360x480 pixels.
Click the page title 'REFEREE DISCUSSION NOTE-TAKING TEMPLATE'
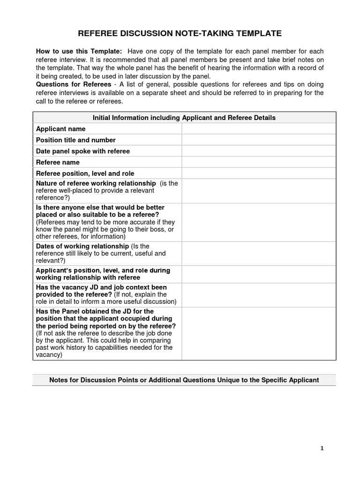pos(180,33)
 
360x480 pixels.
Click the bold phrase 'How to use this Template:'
pos(79,51)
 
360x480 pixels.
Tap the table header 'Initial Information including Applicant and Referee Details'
pos(184,118)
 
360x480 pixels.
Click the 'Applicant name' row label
pos(60,129)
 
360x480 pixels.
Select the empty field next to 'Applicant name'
pos(259,129)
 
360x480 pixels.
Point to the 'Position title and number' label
pos(75,140)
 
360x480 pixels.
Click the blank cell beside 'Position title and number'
pos(259,140)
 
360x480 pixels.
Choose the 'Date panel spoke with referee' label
pos(82,151)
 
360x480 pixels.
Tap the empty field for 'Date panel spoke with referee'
pos(259,151)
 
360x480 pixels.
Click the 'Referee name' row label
pos(58,163)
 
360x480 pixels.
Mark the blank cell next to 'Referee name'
pos(259,163)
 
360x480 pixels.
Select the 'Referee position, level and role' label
pos(85,173)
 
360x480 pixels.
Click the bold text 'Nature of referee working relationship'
pos(96,183)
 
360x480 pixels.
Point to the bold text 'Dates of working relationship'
pos(82,246)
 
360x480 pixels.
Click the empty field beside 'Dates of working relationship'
pos(259,254)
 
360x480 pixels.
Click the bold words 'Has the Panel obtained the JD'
pos(86,311)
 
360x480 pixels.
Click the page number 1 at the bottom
pos(322,448)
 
